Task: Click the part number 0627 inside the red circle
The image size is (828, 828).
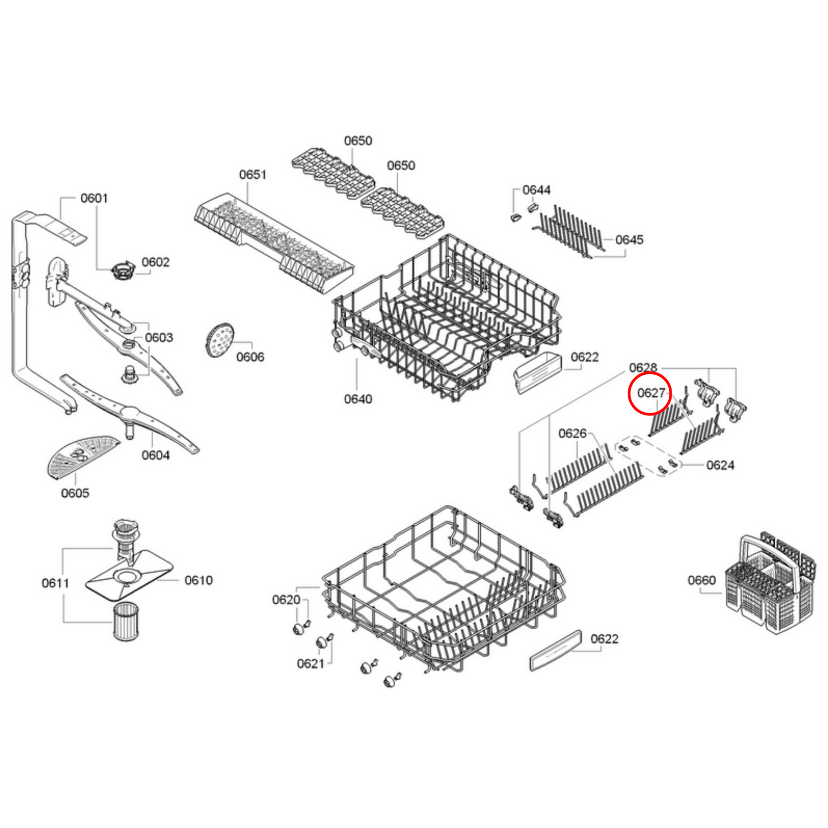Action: [650, 393]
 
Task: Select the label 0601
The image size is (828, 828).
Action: [94, 198]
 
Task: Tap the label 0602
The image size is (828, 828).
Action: [155, 262]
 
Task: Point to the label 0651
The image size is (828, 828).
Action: [253, 175]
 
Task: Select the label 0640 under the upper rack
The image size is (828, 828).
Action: [358, 399]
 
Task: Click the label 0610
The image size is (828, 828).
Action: [198, 580]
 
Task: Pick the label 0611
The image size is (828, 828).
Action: [55, 583]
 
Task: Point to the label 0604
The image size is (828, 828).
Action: [155, 456]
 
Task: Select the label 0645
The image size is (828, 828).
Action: [629, 240]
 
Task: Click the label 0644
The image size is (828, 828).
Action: [536, 190]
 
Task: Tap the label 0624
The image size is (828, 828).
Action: [720, 465]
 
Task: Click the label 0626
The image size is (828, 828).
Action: [572, 434]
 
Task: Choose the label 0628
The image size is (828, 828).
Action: [642, 368]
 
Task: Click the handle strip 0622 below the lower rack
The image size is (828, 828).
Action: [555, 651]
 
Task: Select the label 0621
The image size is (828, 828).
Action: [310, 664]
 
